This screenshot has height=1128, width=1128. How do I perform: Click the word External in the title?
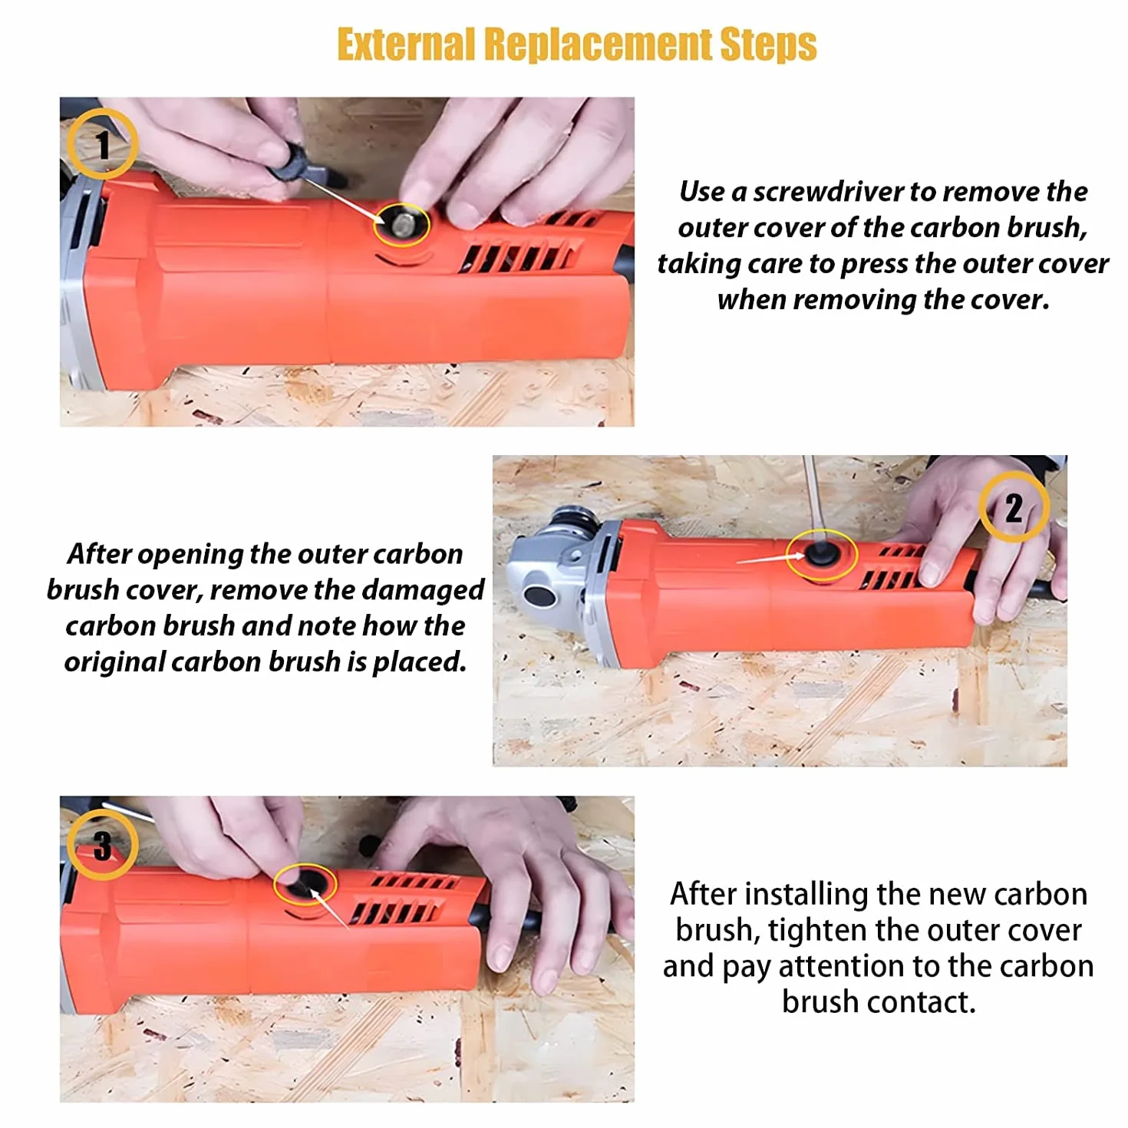point(405,45)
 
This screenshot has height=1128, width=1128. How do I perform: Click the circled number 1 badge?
point(102,143)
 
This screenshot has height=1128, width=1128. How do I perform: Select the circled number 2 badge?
point(1013,507)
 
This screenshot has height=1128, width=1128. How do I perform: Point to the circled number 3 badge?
point(102,844)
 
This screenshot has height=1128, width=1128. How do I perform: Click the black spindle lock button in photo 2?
point(539,596)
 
